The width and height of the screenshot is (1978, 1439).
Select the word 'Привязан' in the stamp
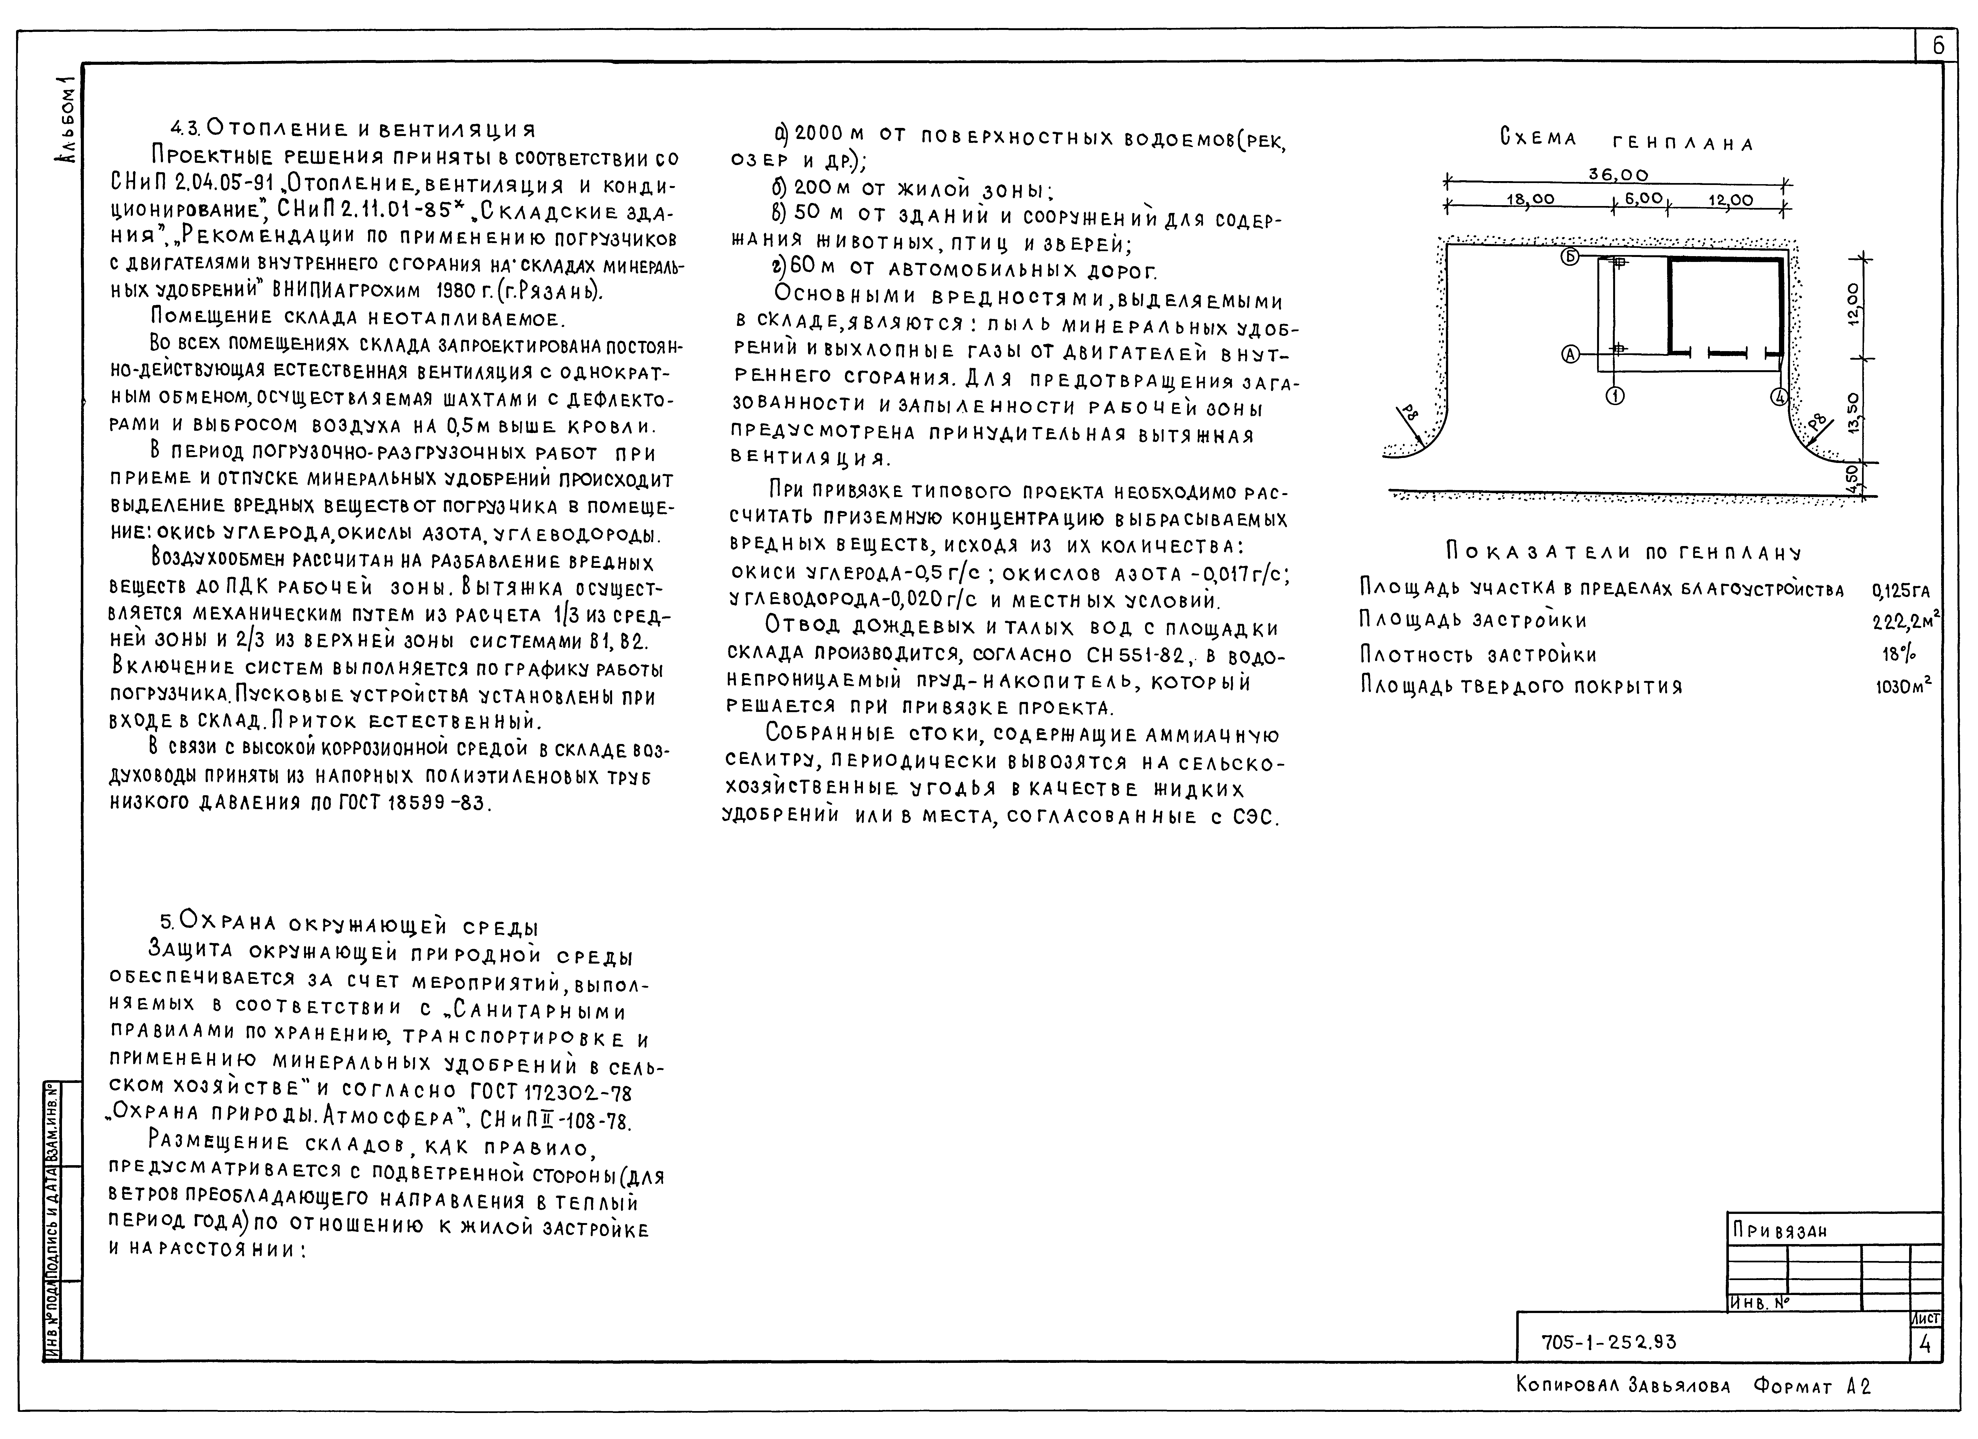[1779, 1231]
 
